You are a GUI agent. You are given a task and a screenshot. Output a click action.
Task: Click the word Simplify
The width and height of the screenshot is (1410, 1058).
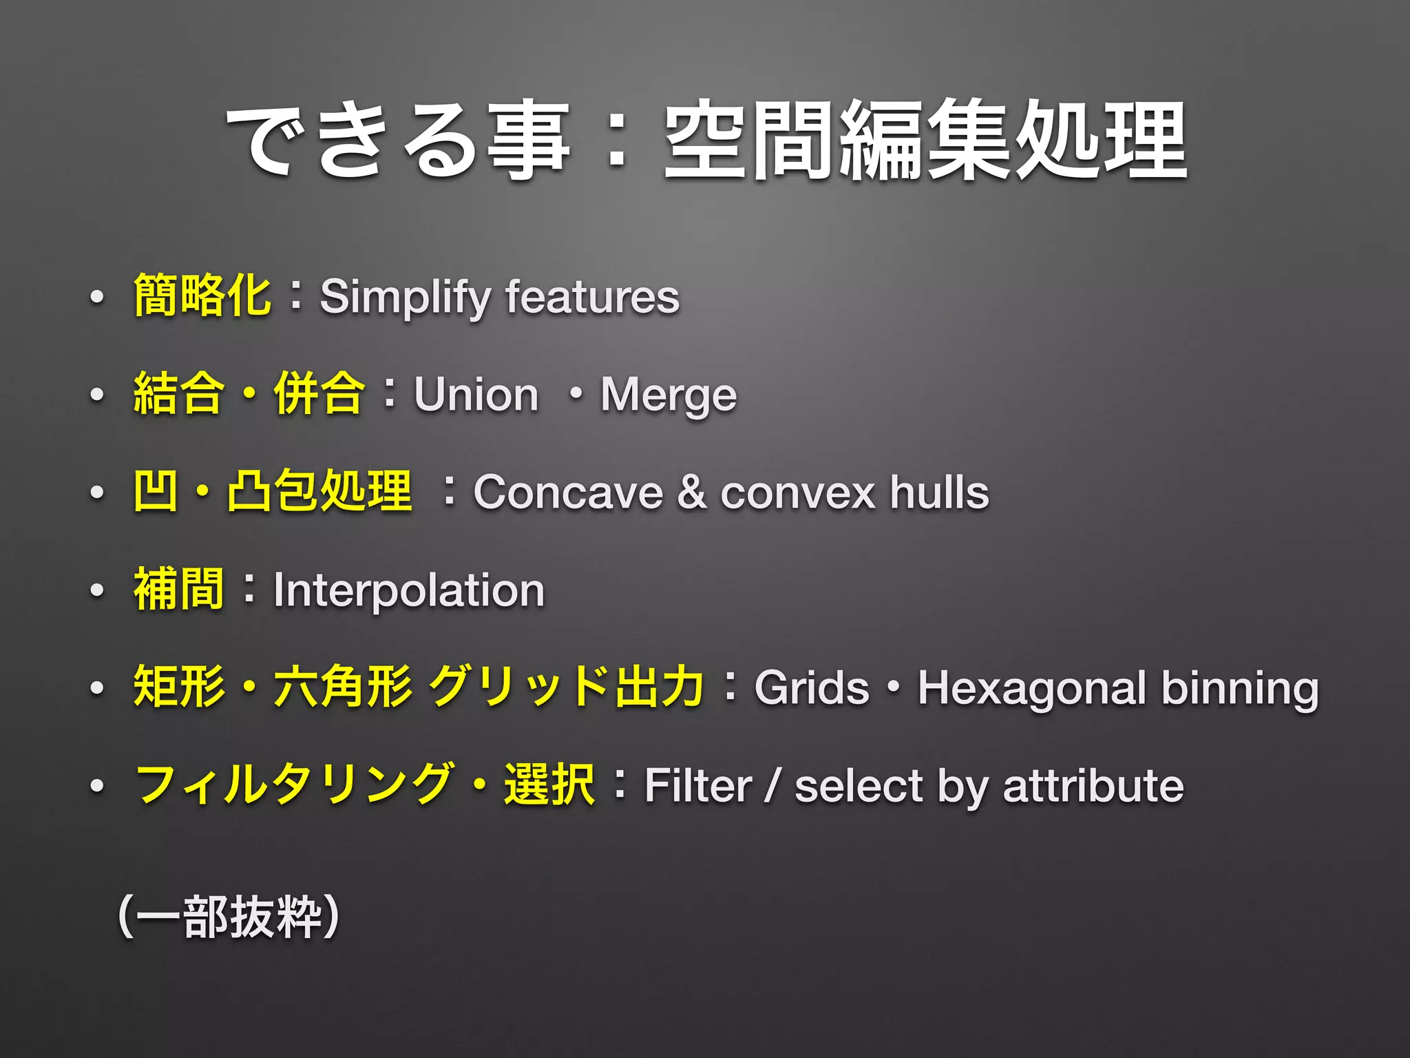pos(405,298)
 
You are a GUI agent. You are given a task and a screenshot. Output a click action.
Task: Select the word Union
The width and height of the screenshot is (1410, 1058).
pos(476,395)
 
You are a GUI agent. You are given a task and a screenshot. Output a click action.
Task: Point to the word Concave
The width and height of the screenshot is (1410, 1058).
pos(568,493)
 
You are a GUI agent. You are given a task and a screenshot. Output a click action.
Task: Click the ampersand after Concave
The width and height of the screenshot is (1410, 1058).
pos(691,493)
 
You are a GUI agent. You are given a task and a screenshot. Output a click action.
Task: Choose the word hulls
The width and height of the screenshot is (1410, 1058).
pos(939,493)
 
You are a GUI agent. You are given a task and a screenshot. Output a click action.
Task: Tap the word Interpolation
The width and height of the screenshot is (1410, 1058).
pos(409,591)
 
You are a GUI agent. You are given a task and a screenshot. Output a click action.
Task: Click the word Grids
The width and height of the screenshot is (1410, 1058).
pos(812,688)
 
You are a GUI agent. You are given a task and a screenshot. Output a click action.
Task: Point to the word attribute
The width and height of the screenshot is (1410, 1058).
pos(1093,786)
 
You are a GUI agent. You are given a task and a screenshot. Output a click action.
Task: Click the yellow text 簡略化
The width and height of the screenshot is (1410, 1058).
pos(202,295)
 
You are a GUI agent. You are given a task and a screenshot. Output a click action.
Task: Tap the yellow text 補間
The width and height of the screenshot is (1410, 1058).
pos(179,590)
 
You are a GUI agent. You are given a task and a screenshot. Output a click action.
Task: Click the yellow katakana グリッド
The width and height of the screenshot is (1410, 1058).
pos(518,687)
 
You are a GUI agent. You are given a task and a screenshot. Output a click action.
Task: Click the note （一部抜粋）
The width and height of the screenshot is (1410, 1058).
pos(229,917)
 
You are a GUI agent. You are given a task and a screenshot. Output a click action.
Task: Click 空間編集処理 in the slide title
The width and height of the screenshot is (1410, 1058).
pos(925,141)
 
